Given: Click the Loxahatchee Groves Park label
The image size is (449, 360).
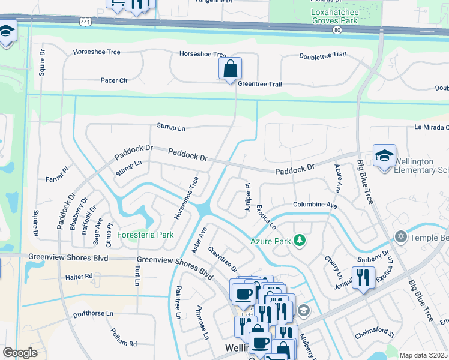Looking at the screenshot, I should tap(334, 16).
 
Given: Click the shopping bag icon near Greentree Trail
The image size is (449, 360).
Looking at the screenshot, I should tap(230, 70).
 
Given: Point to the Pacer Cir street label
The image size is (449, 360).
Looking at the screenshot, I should tap(114, 80).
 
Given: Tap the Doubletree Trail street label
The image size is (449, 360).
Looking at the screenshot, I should tap(322, 55).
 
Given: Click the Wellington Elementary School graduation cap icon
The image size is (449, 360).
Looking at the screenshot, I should tap(384, 156).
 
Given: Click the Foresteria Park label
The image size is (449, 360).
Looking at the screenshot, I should tap(145, 235).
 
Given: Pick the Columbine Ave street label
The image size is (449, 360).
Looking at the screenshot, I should tap(315, 205).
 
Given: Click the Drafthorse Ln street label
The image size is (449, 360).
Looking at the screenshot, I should tap(92, 313).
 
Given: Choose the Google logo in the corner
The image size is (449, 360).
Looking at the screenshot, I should tap(20, 353).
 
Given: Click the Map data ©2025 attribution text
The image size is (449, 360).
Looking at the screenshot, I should tap(423, 355).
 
